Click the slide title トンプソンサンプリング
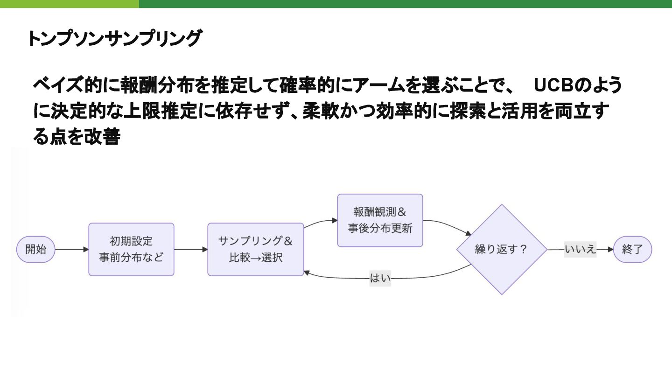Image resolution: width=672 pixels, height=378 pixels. [114, 38]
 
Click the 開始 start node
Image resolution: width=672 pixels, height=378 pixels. [36, 249]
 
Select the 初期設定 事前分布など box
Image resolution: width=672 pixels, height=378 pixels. [131, 249]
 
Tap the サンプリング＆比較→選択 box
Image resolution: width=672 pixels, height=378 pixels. [255, 249]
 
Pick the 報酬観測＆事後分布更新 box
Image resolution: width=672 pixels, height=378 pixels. [380, 220]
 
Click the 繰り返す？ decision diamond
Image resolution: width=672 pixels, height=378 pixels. [501, 249]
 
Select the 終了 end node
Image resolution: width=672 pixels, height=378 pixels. [632, 249]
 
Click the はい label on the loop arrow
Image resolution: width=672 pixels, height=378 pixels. [380, 279]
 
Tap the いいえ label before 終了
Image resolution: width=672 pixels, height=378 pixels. [580, 249]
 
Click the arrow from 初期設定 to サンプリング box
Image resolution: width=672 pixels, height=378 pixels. [190, 249]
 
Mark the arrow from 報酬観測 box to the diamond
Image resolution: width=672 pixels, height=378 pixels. [448, 224]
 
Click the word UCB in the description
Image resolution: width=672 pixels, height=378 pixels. [554, 86]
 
